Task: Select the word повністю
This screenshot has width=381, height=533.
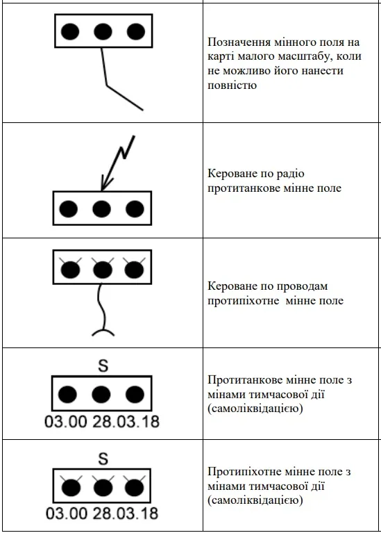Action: [232, 85]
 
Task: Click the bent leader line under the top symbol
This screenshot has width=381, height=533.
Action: [108, 85]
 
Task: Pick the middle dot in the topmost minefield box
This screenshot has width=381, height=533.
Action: [103, 31]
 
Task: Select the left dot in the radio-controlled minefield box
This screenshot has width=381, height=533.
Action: [68, 208]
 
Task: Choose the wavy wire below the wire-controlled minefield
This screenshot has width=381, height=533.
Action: [101, 306]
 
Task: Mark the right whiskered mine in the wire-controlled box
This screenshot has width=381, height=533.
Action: [134, 270]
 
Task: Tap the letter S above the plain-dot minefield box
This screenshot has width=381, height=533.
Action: [103, 366]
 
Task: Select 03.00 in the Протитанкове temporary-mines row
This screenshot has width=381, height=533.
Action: [65, 422]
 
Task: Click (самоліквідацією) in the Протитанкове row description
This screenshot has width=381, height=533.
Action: [255, 408]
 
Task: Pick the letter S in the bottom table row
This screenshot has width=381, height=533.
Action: [103, 459]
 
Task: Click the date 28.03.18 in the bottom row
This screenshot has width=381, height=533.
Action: [126, 514]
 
